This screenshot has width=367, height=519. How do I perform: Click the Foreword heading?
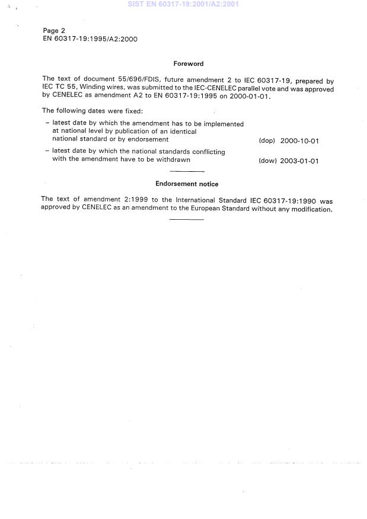tap(188, 63)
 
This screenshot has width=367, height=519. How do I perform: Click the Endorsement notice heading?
tap(187, 184)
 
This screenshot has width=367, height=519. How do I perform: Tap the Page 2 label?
tap(54, 30)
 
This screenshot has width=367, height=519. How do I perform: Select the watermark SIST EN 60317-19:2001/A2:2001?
tap(183, 4)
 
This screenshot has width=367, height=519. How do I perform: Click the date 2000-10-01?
tap(299, 141)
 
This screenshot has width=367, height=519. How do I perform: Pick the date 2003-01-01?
tap(299, 161)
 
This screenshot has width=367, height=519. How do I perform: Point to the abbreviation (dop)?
tap(267, 141)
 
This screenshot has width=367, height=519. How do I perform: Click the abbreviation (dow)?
tap(267, 161)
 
